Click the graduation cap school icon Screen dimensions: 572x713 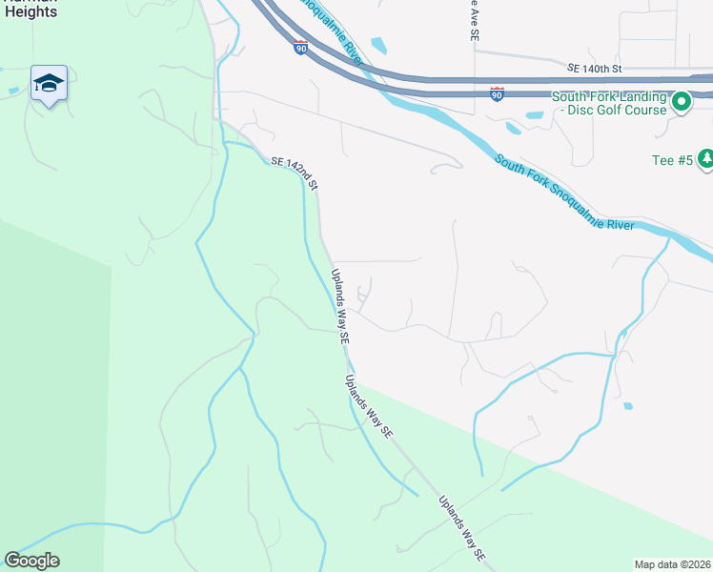pos(48,83)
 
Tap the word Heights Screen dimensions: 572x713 pos(31,12)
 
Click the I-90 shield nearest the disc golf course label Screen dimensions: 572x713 pos(497,93)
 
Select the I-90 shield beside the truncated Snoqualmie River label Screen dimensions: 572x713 pos(300,47)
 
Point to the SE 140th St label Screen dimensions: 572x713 pos(594,69)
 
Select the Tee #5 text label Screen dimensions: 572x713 pos(671,160)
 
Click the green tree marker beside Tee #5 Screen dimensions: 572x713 pos(705,159)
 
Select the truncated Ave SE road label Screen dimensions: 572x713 pos(473,20)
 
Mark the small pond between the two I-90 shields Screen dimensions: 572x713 pos(378,45)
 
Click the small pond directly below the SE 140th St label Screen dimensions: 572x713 pos(535,115)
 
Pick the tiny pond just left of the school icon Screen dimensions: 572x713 pos(12,91)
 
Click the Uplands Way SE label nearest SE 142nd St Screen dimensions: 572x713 pos(340,305)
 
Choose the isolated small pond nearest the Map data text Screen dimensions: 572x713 pos(627,406)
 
